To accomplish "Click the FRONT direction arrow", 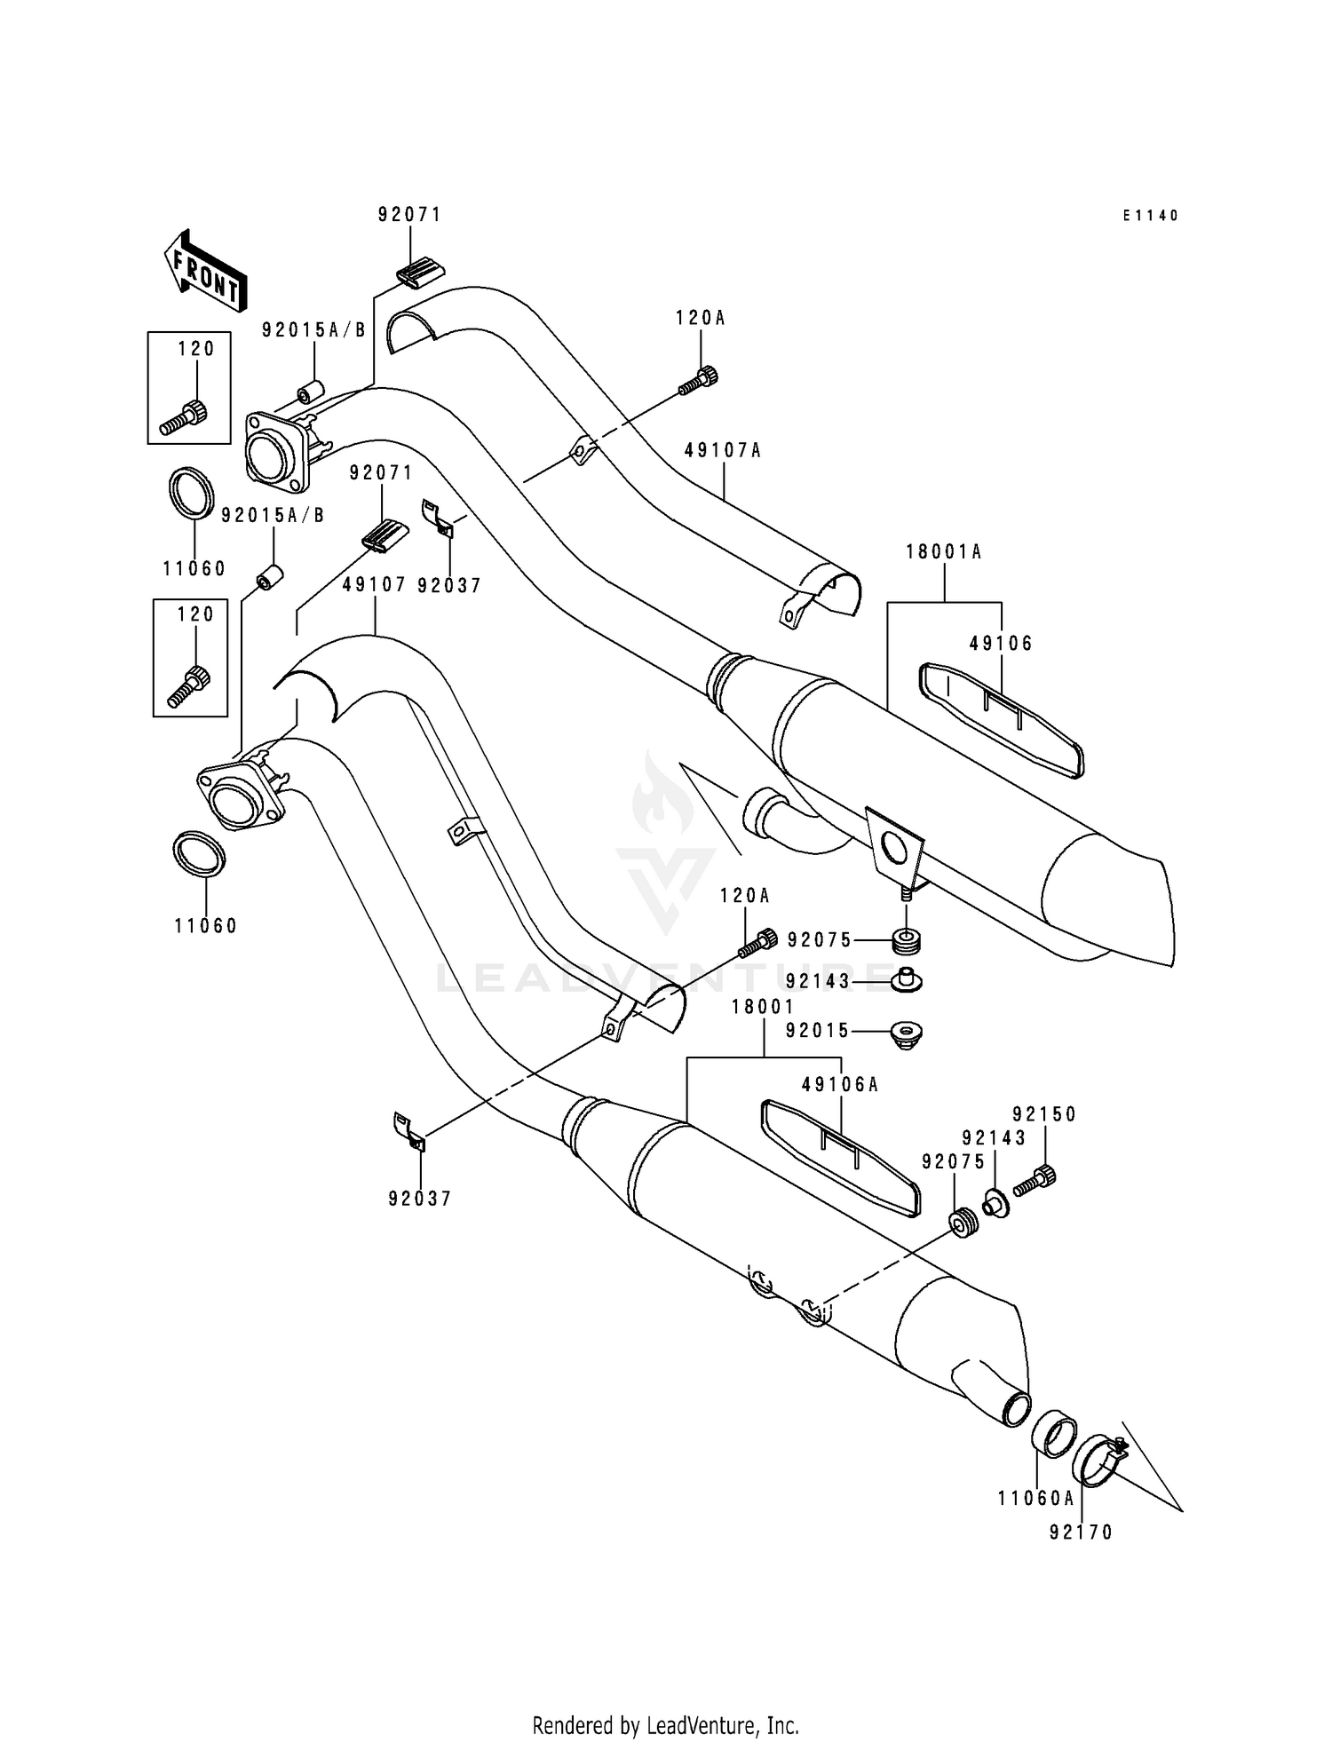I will [x=204, y=273].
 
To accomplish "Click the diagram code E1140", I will [x=1150, y=216].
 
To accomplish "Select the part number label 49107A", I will [x=723, y=451].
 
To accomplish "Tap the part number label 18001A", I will [x=943, y=552].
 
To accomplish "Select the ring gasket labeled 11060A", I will [x=1054, y=1436].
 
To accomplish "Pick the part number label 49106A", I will [x=839, y=1085].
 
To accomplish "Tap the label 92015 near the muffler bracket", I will [x=818, y=1031].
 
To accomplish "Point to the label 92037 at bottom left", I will [x=420, y=1199].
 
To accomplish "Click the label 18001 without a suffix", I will [x=763, y=1007].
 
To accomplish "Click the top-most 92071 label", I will [x=409, y=215].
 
